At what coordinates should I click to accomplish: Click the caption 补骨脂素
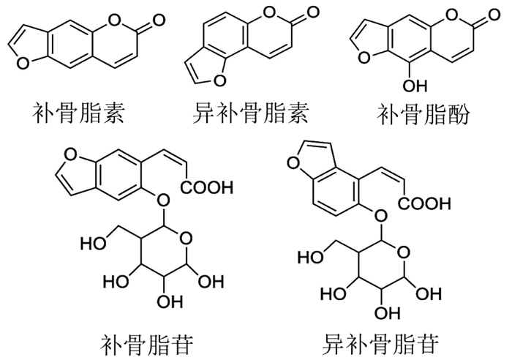click(78, 113)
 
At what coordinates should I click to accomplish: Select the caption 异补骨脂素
click(251, 113)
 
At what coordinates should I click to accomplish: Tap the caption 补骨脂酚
click(423, 114)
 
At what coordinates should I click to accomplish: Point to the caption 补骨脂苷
click(147, 345)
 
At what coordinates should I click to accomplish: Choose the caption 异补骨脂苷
click(381, 344)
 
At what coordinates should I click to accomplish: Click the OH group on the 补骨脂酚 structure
click(415, 86)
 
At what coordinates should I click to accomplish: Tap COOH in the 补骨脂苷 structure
click(207, 187)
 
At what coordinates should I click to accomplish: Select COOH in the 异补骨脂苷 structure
click(424, 203)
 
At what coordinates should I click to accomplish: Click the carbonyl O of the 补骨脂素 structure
click(159, 21)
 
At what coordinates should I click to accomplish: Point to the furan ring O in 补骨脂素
click(23, 63)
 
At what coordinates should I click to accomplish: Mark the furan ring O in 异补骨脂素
click(219, 79)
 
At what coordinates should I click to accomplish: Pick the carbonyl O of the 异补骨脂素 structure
click(312, 13)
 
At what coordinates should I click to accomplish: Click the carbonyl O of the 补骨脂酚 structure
click(493, 15)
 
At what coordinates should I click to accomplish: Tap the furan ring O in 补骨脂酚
click(365, 58)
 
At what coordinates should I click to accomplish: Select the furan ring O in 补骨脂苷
click(71, 154)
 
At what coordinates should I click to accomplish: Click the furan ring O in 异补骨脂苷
click(293, 162)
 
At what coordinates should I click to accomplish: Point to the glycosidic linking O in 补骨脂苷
click(163, 199)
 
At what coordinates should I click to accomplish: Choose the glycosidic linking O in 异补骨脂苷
click(381, 215)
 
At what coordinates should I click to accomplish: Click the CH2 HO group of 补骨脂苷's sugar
click(93, 243)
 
